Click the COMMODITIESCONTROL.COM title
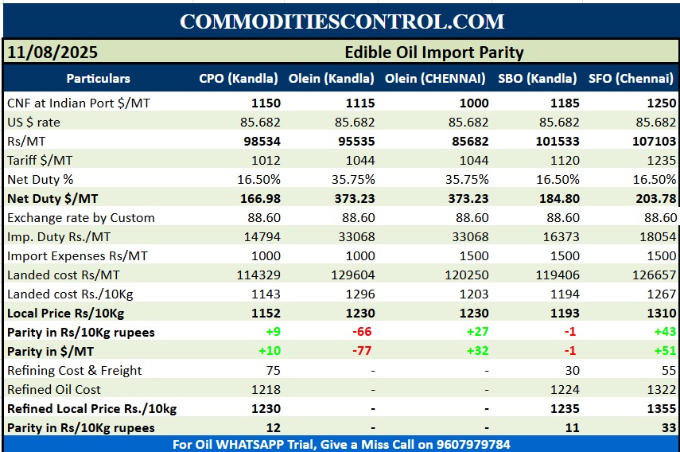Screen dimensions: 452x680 click(x=341, y=21)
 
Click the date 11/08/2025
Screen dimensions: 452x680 click(x=52, y=53)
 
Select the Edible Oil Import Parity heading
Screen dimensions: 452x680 click(x=433, y=53)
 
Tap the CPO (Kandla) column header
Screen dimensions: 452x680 click(x=239, y=79)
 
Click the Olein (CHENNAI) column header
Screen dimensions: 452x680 click(x=435, y=79)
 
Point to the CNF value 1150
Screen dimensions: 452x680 click(x=266, y=103)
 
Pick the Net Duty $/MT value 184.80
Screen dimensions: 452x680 click(x=560, y=199)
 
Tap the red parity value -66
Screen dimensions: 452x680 click(x=362, y=333)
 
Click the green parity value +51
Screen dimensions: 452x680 click(x=665, y=352)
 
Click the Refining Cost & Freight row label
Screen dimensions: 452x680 click(x=75, y=371)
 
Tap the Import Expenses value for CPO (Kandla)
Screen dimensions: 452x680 click(x=266, y=256)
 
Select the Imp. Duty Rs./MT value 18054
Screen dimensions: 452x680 click(x=659, y=237)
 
